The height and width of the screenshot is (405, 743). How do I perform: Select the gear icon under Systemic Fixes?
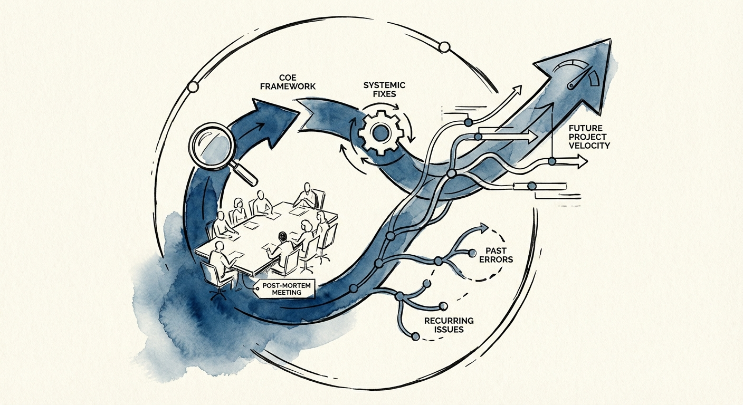click(x=380, y=132)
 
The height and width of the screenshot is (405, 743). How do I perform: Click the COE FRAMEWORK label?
click(x=288, y=82)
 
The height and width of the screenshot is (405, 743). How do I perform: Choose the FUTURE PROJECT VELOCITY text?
click(x=589, y=136)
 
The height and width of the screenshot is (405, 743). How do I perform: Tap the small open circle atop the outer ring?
click(x=444, y=48)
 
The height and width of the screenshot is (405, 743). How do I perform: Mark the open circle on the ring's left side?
click(x=193, y=86)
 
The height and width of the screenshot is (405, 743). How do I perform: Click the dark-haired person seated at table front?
click(x=281, y=244)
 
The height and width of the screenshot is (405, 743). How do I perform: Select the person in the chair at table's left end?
click(x=218, y=262)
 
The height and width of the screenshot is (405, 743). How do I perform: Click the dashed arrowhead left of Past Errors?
click(x=482, y=228)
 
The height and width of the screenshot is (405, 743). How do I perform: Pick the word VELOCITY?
click(x=589, y=145)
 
